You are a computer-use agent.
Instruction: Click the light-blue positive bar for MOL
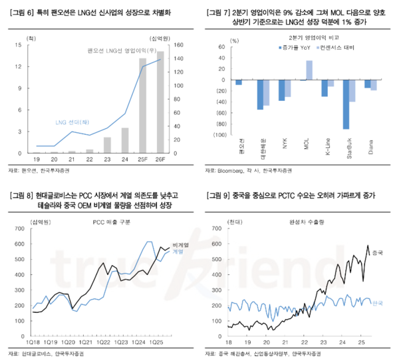pos(309,70)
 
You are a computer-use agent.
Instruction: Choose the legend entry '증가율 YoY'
pos(295,48)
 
